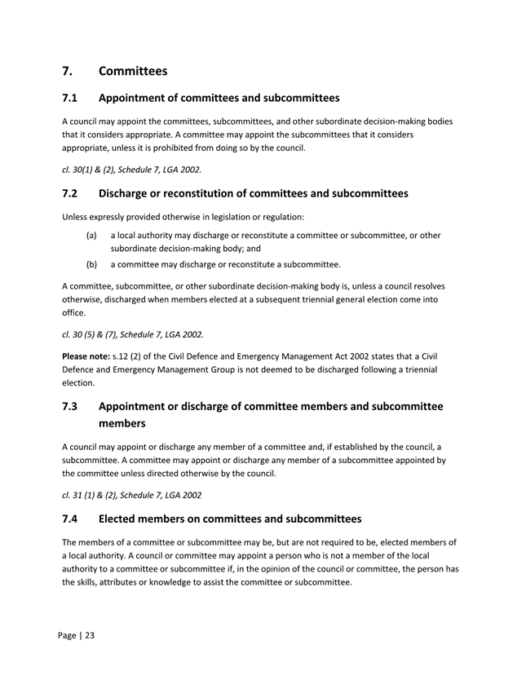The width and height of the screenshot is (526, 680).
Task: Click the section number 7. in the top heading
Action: (69, 71)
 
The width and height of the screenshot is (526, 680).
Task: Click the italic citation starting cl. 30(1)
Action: (131, 170)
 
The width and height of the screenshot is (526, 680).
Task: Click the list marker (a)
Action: (93, 236)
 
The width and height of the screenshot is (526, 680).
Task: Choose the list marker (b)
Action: (93, 264)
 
